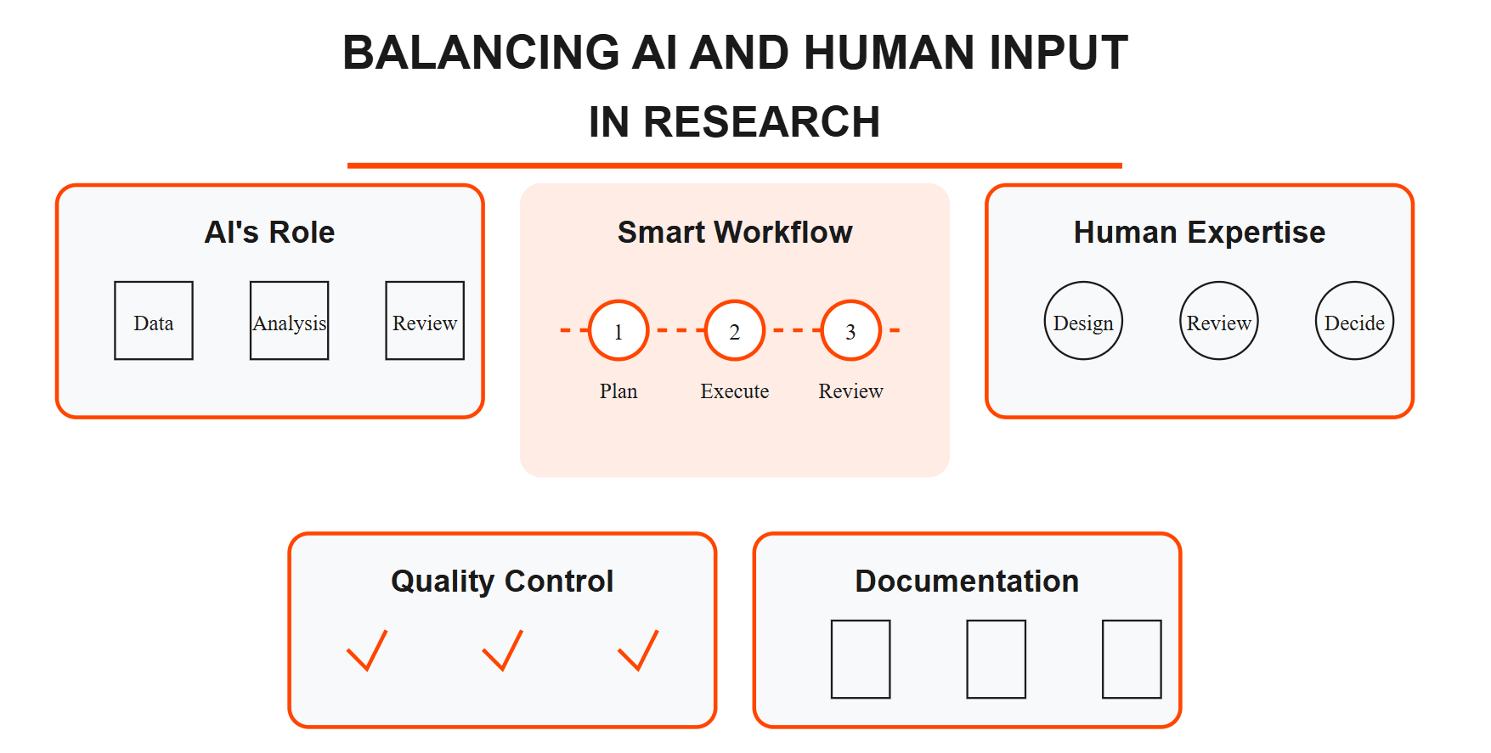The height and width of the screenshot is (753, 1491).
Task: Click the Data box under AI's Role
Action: [x=154, y=321]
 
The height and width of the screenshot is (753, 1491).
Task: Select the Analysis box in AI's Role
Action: [x=289, y=321]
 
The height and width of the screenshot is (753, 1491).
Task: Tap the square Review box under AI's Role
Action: [x=425, y=321]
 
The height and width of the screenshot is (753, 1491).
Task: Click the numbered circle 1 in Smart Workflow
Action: [x=618, y=330]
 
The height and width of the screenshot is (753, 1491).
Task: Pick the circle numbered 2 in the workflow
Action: [x=735, y=330]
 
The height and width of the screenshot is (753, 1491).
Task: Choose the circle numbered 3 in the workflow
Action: [x=850, y=330]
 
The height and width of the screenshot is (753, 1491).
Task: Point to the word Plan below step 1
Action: [x=618, y=391]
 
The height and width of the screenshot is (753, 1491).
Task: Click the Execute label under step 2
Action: [x=735, y=391]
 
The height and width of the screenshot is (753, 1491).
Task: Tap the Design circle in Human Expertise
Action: [x=1083, y=321]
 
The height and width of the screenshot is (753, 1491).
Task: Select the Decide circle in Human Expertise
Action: [x=1354, y=321]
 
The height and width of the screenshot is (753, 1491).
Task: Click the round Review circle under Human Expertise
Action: [x=1219, y=321]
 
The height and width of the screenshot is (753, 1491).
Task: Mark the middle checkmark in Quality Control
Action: [x=502, y=651]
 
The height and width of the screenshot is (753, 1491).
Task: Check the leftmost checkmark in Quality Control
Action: [x=367, y=651]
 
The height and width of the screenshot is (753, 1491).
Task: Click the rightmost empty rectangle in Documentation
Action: [x=1132, y=659]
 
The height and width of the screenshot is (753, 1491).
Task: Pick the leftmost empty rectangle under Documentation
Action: [x=861, y=659]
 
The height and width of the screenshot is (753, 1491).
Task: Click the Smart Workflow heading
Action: [x=735, y=233]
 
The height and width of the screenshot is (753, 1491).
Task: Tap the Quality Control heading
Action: [x=502, y=582]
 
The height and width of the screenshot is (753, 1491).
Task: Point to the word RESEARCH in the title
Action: [x=761, y=122]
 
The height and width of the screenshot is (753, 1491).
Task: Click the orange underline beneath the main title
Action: [x=735, y=166]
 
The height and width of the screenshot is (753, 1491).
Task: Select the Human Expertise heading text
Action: [x=1199, y=233]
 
